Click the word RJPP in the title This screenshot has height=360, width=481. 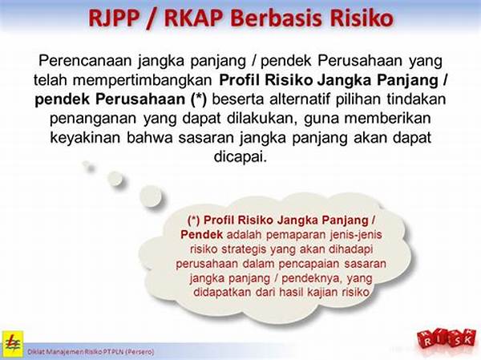pos(114,18)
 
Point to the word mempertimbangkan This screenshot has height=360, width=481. pos(143,80)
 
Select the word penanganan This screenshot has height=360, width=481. pos(93,119)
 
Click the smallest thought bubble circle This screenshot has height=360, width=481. pos(89,166)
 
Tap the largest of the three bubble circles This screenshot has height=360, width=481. pos(151,196)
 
